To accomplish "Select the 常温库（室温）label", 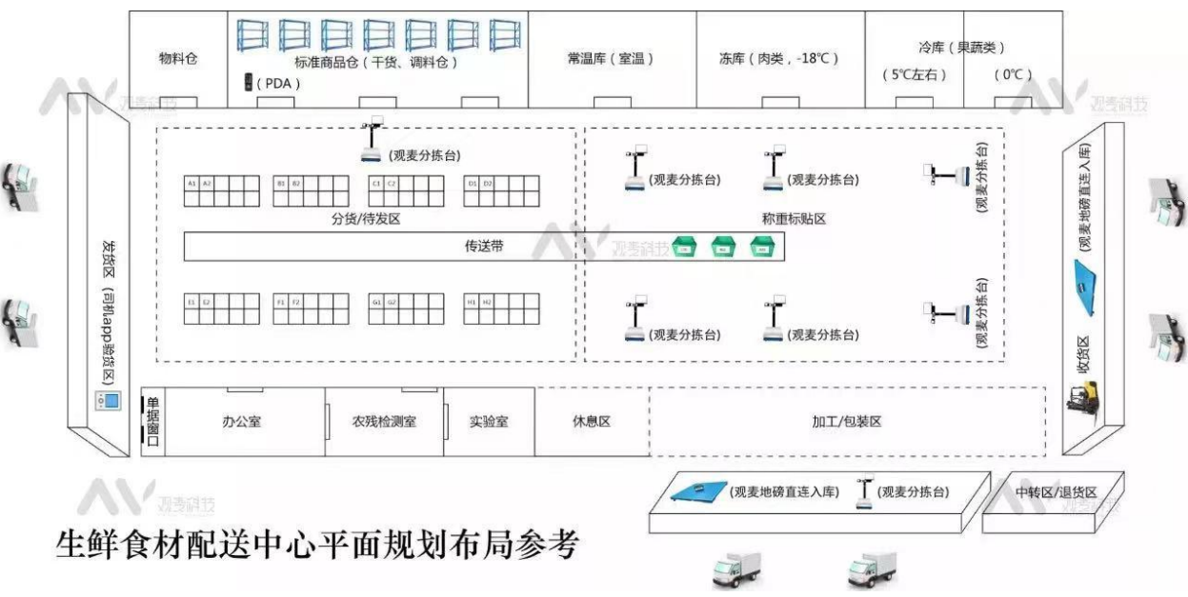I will (611, 59).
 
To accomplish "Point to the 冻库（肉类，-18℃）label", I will (778, 59).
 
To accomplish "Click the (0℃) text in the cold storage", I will (1012, 74).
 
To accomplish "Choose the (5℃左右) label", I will (914, 74).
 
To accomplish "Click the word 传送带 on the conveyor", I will (484, 247).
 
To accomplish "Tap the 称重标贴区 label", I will (794, 219).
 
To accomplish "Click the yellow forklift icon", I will (1083, 394).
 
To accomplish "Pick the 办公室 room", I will (241, 421).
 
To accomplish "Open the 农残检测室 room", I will (384, 421).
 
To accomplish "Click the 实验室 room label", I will (489, 421).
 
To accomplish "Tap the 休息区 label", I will (591, 421).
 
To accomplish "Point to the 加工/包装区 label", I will (846, 421).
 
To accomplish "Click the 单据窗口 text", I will (152, 422).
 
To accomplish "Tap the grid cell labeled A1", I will (192, 183).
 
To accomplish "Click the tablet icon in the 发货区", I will (108, 402).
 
